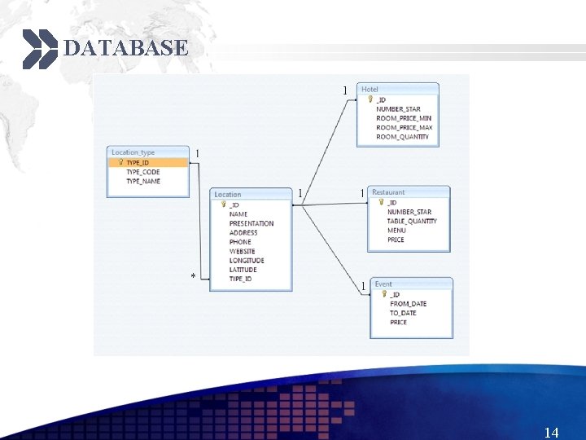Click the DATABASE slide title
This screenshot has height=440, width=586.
(x=125, y=48)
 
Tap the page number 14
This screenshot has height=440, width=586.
(x=551, y=433)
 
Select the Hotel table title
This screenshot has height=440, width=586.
(x=370, y=89)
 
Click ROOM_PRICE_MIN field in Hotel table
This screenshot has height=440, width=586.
(x=404, y=118)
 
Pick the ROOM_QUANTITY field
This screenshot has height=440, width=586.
(x=402, y=137)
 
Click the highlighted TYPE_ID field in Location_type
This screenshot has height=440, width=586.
(x=138, y=162)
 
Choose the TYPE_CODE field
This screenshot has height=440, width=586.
(x=142, y=172)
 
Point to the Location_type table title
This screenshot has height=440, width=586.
(x=133, y=152)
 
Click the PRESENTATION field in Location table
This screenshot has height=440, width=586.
(x=251, y=223)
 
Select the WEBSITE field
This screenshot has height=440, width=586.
(x=242, y=251)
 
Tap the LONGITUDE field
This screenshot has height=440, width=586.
(x=247, y=261)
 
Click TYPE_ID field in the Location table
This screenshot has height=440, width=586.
(x=240, y=279)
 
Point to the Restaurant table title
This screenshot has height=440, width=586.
(x=388, y=192)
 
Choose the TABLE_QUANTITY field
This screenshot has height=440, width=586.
(x=412, y=221)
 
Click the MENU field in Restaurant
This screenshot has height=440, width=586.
(x=396, y=231)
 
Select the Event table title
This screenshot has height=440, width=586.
(x=383, y=284)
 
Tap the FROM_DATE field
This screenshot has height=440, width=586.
(x=408, y=304)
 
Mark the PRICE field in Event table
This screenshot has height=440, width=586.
(x=398, y=323)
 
